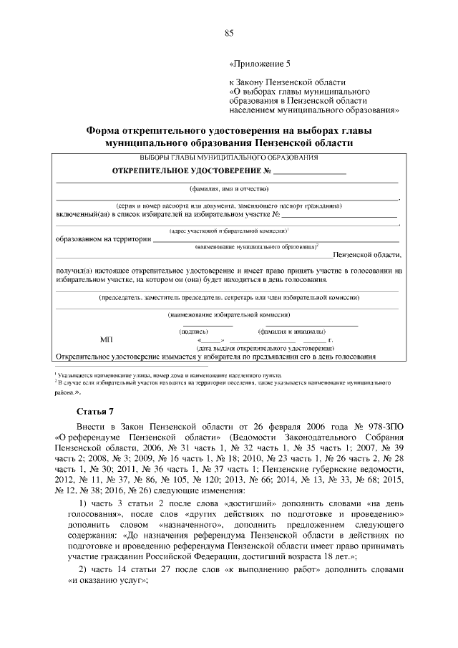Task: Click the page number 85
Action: pyautogui.click(x=229, y=33)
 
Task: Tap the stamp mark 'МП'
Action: pyautogui.click(x=107, y=339)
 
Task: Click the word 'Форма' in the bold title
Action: pyautogui.click(x=104, y=132)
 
